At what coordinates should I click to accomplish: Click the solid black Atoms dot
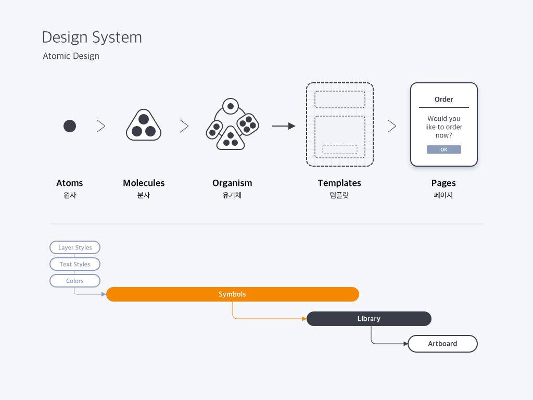70,126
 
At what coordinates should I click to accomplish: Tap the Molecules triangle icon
144,125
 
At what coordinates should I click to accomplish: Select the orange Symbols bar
233,294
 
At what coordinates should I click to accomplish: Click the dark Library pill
369,319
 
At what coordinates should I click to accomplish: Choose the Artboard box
442,344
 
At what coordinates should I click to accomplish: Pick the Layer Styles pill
75,247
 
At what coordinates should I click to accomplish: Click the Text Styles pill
75,264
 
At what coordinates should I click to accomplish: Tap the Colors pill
75,281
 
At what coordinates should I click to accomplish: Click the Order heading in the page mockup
443,99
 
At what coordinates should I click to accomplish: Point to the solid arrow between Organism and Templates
284,126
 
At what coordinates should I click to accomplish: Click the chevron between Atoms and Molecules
101,126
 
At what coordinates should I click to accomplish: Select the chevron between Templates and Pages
392,126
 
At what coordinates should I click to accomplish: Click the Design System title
92,37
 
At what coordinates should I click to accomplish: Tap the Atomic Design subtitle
71,56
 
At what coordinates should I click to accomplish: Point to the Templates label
339,183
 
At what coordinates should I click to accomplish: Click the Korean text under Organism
232,195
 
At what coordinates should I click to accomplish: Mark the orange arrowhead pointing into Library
304,319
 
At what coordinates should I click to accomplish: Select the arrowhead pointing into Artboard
405,344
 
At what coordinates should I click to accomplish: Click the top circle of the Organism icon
231,106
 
